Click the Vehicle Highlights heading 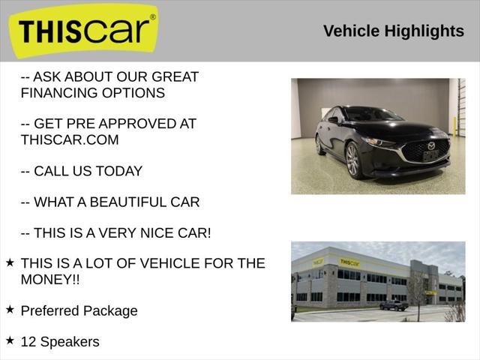(393, 31)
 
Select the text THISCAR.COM (70, 139)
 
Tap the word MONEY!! (51, 279)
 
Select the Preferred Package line (79, 310)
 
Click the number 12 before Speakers (28, 341)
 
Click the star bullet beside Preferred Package (10, 309)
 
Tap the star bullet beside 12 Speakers (10, 340)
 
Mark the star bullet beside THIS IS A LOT (10, 262)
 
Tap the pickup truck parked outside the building (393, 305)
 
